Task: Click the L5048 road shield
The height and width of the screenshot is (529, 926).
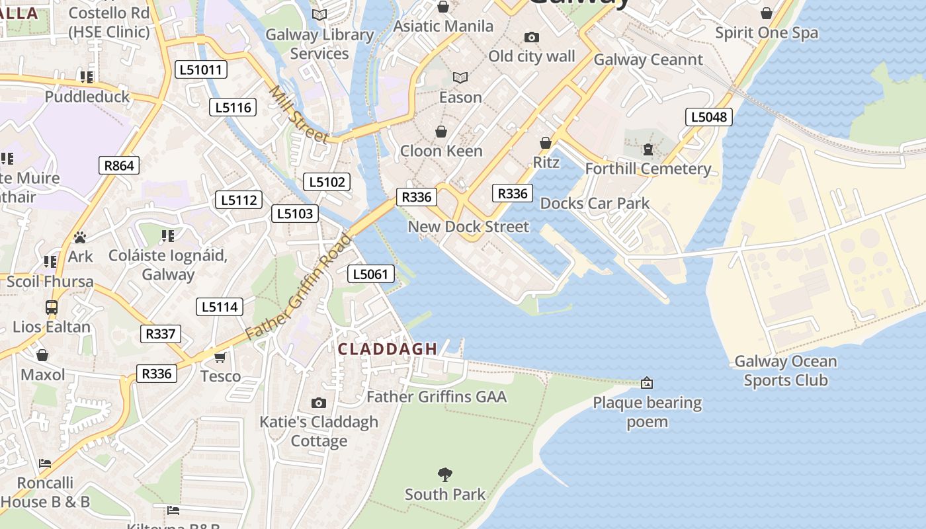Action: [x=708, y=117]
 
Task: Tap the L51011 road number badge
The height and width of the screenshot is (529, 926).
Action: [x=201, y=69]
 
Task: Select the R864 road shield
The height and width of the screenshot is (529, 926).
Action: [x=119, y=165]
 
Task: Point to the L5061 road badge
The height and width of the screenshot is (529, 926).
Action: [x=371, y=274]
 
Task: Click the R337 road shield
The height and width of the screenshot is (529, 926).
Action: [x=160, y=334]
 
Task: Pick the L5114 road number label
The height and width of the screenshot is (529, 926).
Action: [x=220, y=307]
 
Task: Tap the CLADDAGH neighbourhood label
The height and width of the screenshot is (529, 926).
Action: [x=388, y=349]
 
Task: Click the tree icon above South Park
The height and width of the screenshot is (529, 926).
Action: [x=445, y=474]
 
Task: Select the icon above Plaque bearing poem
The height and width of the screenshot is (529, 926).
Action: [x=647, y=383]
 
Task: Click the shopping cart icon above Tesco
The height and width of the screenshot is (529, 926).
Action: [x=220, y=358]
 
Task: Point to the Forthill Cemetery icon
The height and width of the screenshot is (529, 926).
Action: [x=648, y=150]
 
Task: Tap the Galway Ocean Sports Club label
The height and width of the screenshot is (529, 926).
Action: [x=785, y=371]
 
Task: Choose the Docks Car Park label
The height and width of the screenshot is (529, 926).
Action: [x=595, y=203]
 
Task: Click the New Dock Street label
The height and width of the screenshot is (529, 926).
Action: [x=468, y=227]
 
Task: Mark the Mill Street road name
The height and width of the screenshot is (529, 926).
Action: [x=298, y=114]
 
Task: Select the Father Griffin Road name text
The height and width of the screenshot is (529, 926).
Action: [x=298, y=286]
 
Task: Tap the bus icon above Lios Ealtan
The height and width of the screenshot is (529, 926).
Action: [x=52, y=307]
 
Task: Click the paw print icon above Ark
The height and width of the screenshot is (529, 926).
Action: [x=80, y=237]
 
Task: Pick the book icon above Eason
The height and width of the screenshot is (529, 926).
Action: [x=460, y=78]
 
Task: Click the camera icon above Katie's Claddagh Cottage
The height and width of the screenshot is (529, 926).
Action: [x=319, y=403]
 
